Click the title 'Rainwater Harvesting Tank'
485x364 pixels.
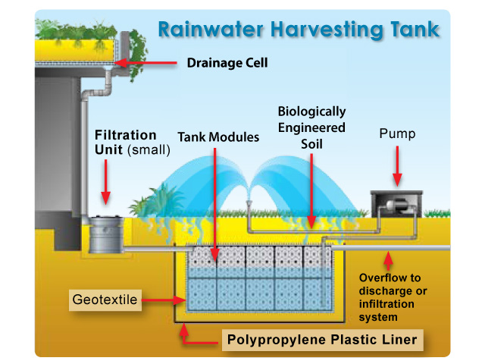pos(299,30)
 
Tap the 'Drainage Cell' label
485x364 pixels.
pos(227,63)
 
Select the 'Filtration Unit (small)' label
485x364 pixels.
pos(132,143)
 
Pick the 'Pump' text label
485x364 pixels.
pos(398,134)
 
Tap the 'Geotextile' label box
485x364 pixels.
pos(105,300)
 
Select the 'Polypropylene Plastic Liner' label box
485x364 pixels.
pos(321,339)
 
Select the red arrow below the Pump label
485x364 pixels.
pos(398,167)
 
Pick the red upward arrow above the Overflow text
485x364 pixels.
pos(389,262)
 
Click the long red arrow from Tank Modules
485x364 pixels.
pos(215,205)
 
